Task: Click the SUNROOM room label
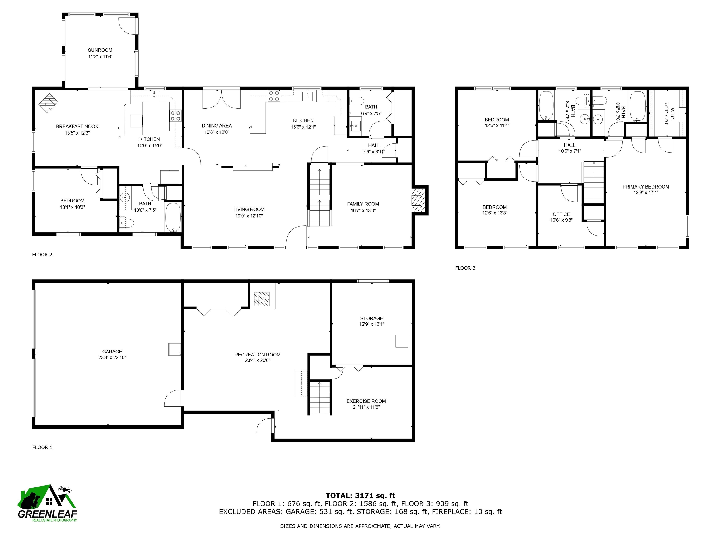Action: [x=100, y=50]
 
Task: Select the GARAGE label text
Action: [x=112, y=352]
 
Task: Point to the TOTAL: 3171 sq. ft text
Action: [x=360, y=496]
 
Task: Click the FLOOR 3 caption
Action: [x=465, y=268]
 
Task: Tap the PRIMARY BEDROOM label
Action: [x=646, y=187]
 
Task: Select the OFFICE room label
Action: [x=561, y=214]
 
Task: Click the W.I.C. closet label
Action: [x=667, y=111]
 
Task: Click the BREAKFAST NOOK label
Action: [x=77, y=127]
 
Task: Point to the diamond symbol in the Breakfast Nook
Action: [x=49, y=103]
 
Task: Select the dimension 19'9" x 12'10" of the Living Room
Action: [x=249, y=216]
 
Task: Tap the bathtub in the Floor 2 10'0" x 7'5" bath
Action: [x=173, y=217]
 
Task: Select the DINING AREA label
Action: [x=217, y=126]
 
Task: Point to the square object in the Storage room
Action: [x=402, y=341]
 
